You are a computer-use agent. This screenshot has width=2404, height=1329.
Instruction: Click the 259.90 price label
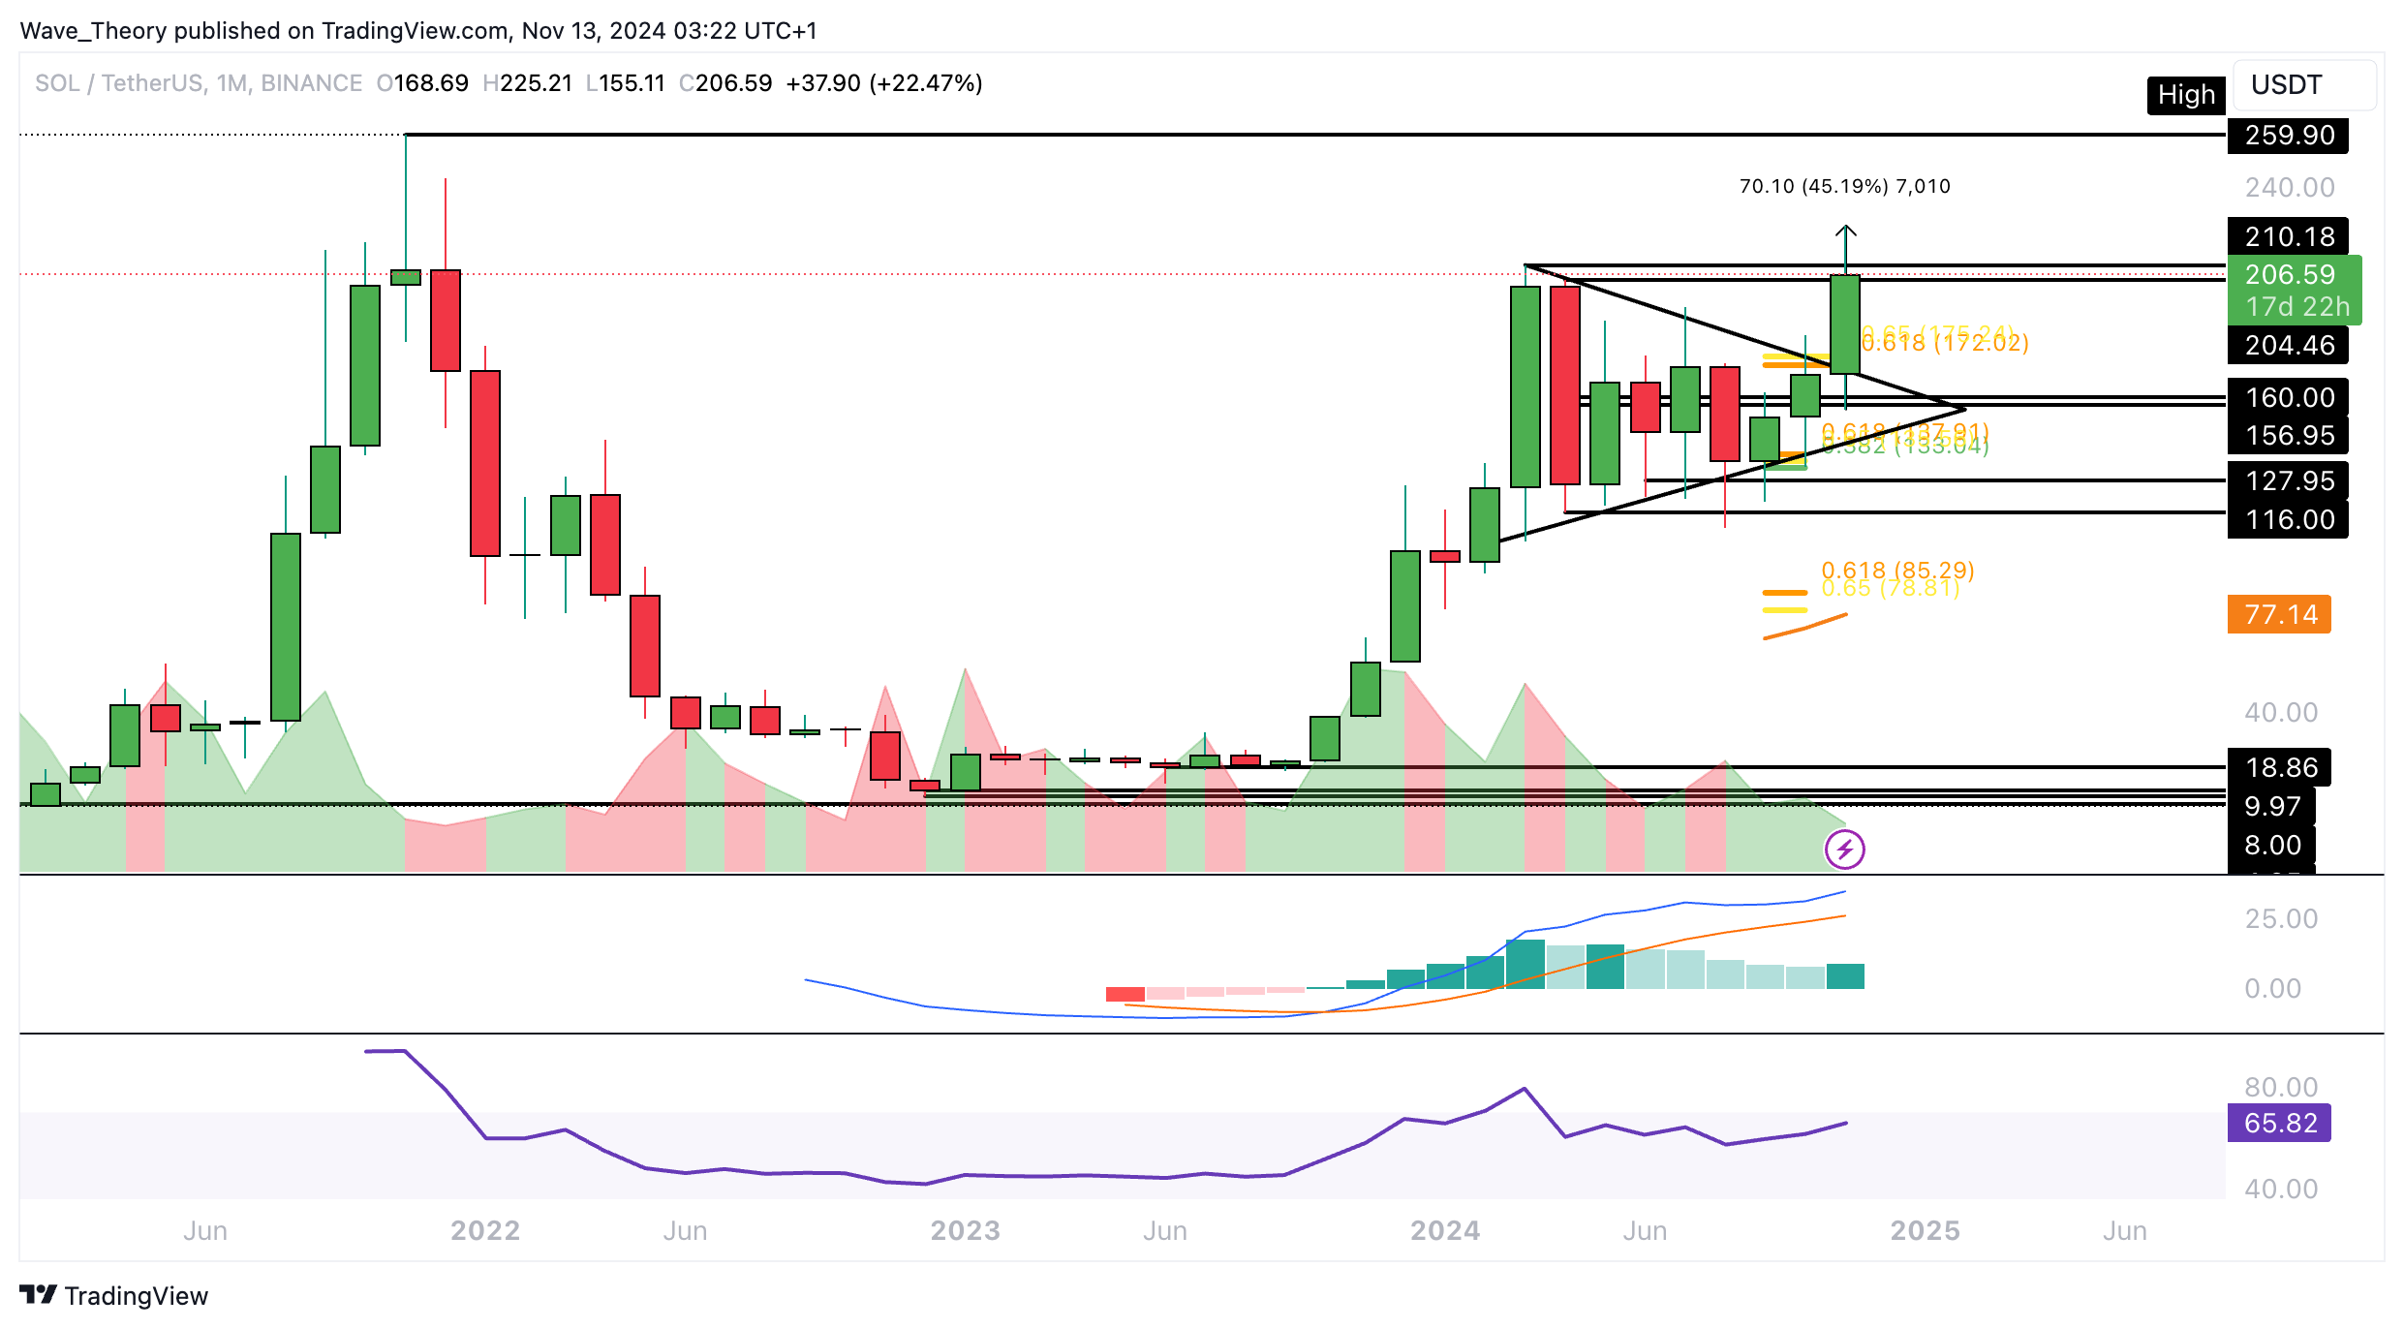pyautogui.click(x=2288, y=136)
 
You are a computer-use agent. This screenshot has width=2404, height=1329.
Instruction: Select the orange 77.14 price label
pyautogui.click(x=2279, y=615)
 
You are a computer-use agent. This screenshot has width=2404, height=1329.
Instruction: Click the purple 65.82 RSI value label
pyautogui.click(x=2279, y=1124)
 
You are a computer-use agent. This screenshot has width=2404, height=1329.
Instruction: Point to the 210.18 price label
pyautogui.click(x=2288, y=236)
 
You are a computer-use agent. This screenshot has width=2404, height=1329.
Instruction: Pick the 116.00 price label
pyautogui.click(x=2288, y=520)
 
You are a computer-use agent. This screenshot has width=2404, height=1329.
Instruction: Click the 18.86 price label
pyautogui.click(x=2280, y=768)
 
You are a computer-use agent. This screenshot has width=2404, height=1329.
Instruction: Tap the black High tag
pyautogui.click(x=2185, y=95)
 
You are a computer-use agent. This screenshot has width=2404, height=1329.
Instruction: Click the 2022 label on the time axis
pyautogui.click(x=485, y=1231)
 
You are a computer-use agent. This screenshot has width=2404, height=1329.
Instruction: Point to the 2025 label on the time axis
pyautogui.click(x=1925, y=1231)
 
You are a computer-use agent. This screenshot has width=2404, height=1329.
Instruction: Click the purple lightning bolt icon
pyautogui.click(x=1844, y=850)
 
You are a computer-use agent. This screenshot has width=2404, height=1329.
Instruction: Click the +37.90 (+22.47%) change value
pyautogui.click(x=883, y=83)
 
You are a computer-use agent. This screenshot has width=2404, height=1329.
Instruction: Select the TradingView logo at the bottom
pyautogui.click(x=114, y=1296)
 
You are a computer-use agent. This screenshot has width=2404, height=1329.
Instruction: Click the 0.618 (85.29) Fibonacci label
pyautogui.click(x=1896, y=570)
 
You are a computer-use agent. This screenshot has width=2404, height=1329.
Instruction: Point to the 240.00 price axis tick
pyautogui.click(x=2289, y=188)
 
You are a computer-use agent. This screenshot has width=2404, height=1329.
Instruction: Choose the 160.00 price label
pyautogui.click(x=2288, y=397)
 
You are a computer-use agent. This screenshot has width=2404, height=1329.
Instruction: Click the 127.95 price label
pyautogui.click(x=2288, y=481)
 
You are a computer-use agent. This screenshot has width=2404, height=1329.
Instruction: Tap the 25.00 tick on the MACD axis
pyautogui.click(x=2281, y=919)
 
